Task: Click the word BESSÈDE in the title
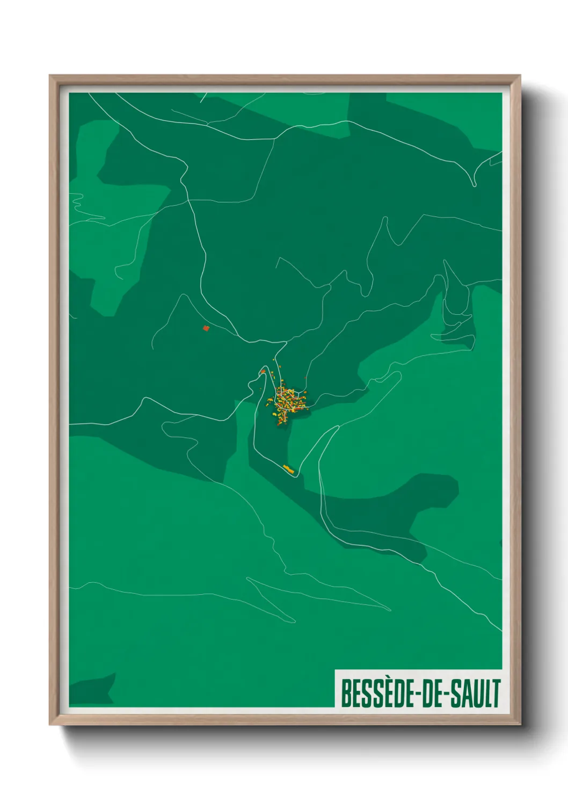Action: pos(375,693)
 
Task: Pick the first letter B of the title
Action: pos(345,693)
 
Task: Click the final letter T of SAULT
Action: pos(496,693)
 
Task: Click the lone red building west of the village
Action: pos(206,328)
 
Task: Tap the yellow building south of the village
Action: pos(289,469)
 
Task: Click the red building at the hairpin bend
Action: pos(263,371)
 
